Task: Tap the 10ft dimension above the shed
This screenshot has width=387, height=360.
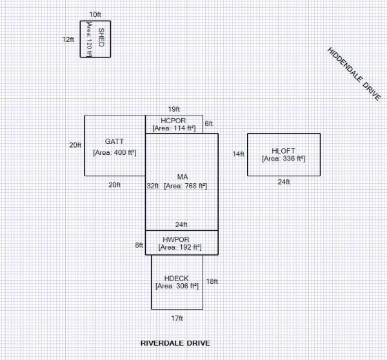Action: [x=95, y=14]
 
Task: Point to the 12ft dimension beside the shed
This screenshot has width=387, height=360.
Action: [x=68, y=39]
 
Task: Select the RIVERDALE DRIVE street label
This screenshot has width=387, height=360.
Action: [x=175, y=343]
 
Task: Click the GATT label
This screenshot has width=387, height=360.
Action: [x=114, y=141]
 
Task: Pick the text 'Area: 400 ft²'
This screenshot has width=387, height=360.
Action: [x=119, y=153]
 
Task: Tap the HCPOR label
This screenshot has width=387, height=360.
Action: [x=174, y=120]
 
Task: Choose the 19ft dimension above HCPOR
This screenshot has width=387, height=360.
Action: [x=174, y=108]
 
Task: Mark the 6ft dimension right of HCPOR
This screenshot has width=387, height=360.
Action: [x=208, y=123]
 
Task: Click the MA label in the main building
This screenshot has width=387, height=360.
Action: [x=182, y=176]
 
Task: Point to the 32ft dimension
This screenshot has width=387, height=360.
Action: [x=152, y=186]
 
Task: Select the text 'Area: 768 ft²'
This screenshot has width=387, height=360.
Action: [x=186, y=186]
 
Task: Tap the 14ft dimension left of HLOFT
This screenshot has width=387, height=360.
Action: [x=239, y=154]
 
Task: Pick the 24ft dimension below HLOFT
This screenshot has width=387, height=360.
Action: [x=284, y=182]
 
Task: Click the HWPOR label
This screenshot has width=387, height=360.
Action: [x=176, y=239]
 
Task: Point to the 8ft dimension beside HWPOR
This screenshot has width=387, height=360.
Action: [x=139, y=245]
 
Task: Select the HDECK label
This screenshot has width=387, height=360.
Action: [x=176, y=277]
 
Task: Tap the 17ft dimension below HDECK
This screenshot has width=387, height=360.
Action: [x=177, y=318]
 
